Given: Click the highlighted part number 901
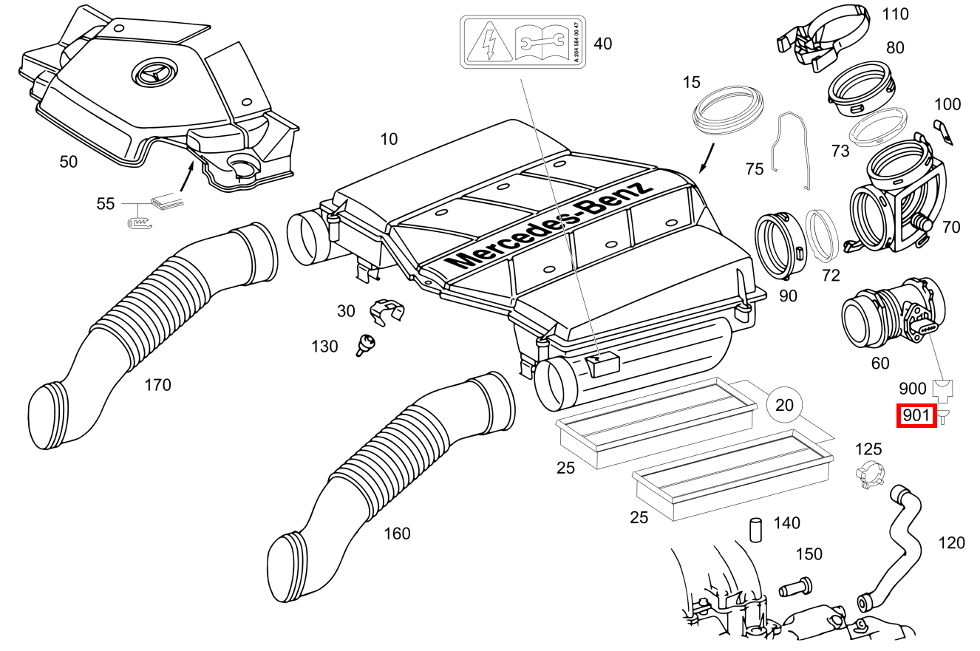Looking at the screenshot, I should [x=916, y=416].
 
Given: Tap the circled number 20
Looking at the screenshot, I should [x=785, y=404].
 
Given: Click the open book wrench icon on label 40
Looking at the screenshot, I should [x=540, y=42].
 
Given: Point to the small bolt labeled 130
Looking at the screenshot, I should [x=366, y=344].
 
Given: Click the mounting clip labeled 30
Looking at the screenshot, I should [x=386, y=311].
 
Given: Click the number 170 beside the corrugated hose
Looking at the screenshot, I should [x=157, y=385].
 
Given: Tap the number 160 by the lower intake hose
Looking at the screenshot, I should [x=397, y=534].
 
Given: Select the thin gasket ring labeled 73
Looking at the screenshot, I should [x=878, y=128].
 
